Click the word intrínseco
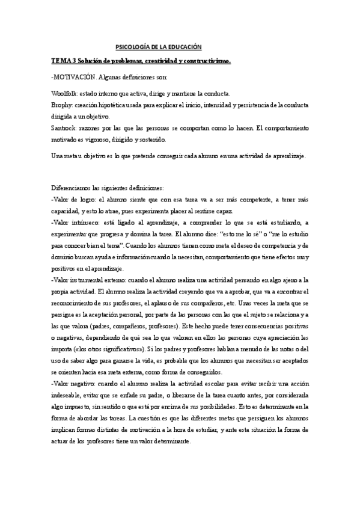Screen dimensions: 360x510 point(83,222)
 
